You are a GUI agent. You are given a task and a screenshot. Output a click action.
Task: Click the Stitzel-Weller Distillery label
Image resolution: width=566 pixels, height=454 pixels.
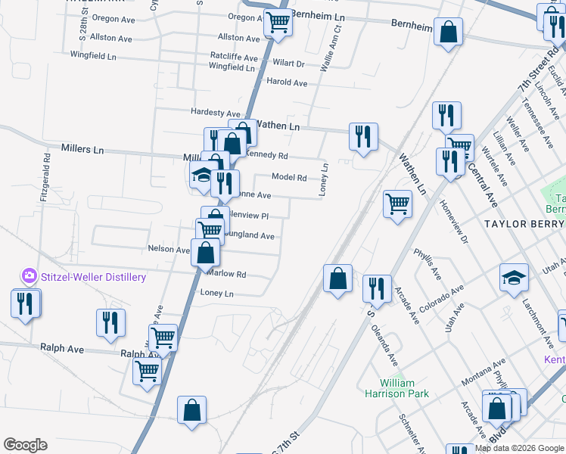click(x=94, y=278)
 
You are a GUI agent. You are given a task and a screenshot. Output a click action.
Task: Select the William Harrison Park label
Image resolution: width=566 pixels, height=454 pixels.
click(x=404, y=388)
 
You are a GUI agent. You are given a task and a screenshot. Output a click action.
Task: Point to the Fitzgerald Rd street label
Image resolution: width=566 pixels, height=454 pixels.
click(x=46, y=179)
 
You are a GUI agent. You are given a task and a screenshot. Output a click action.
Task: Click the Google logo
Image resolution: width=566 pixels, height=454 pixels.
click(x=25, y=445)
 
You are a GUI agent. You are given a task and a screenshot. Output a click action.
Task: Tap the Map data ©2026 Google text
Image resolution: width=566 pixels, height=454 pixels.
click(x=518, y=448)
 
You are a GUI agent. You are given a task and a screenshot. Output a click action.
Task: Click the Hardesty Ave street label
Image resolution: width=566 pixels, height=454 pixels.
click(x=216, y=113)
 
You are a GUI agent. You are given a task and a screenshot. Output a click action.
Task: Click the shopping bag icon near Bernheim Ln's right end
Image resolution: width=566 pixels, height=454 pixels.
click(x=448, y=33)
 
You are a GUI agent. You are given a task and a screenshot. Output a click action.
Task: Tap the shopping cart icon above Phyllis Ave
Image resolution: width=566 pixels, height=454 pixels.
click(x=397, y=204)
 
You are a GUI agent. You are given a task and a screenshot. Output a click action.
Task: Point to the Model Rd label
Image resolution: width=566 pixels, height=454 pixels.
click(x=289, y=178)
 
